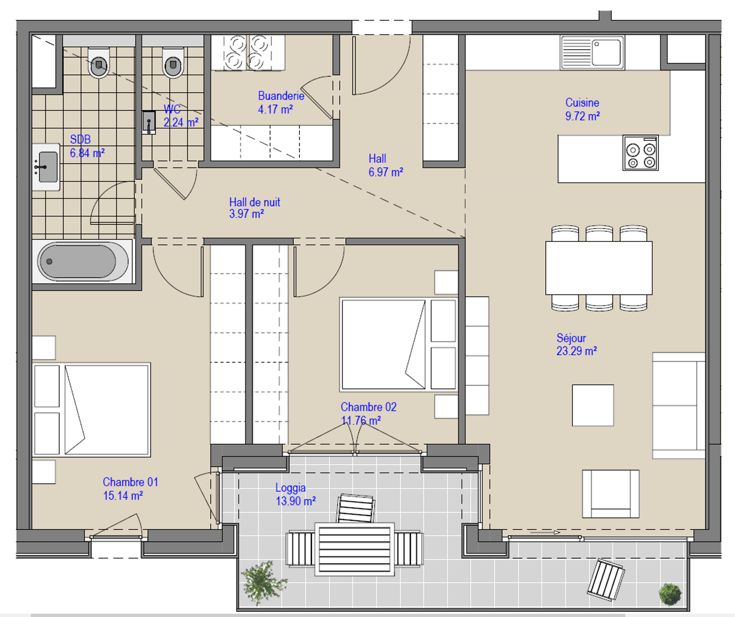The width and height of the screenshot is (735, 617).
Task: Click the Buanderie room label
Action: [281, 96]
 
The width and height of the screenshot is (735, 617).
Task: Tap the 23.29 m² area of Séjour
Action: [576, 351]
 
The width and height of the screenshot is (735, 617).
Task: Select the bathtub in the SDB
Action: [83, 261]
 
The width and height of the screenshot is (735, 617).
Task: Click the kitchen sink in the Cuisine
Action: [592, 53]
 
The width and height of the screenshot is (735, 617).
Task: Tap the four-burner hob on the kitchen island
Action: [640, 153]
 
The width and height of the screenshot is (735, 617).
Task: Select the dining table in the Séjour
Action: [599, 268]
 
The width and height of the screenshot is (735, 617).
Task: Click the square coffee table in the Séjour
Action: [593, 405]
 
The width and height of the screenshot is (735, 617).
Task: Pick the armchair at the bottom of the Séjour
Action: [610, 494]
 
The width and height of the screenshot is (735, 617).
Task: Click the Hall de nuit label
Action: [254, 202]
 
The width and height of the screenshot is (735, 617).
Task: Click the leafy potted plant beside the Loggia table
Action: [264, 581]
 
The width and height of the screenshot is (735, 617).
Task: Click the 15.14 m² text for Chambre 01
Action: [123, 496]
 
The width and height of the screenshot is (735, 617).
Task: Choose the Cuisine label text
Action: [582, 103]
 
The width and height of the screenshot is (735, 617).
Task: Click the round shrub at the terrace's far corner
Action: [670, 594]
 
